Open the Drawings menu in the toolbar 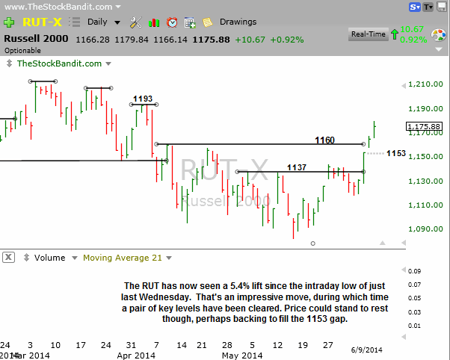tap(238, 22)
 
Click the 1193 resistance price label tap(143, 99)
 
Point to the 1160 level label tap(324, 140)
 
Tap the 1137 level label tap(296, 167)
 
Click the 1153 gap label tap(396, 153)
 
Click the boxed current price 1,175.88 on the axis tap(425, 126)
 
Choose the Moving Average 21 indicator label tap(123, 258)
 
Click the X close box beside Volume tap(8, 258)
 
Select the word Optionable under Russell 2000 tap(24, 50)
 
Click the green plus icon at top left tap(8, 22)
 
